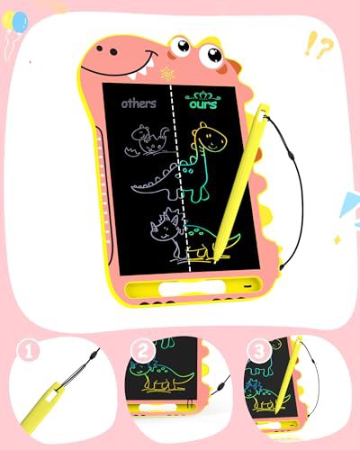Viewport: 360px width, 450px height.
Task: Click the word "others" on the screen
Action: [139, 103]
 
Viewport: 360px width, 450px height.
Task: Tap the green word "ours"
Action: [203, 104]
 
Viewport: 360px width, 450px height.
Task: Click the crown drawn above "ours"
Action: [202, 95]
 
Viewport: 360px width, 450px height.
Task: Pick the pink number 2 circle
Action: [143, 350]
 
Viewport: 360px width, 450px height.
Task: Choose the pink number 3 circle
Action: [258, 350]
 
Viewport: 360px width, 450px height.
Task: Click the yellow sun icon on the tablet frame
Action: [167, 73]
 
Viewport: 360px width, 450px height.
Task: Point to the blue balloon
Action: [21, 22]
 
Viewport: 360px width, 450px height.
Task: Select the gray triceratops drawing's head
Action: [165, 227]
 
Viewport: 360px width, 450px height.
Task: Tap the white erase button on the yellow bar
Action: [192, 289]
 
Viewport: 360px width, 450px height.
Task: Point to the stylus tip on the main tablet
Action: [215, 262]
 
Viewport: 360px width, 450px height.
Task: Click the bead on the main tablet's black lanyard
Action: [291, 156]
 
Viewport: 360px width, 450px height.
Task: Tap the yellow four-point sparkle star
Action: [338, 239]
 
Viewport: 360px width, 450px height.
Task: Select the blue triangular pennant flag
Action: [350, 204]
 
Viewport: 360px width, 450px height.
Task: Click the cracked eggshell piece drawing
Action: [132, 151]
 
